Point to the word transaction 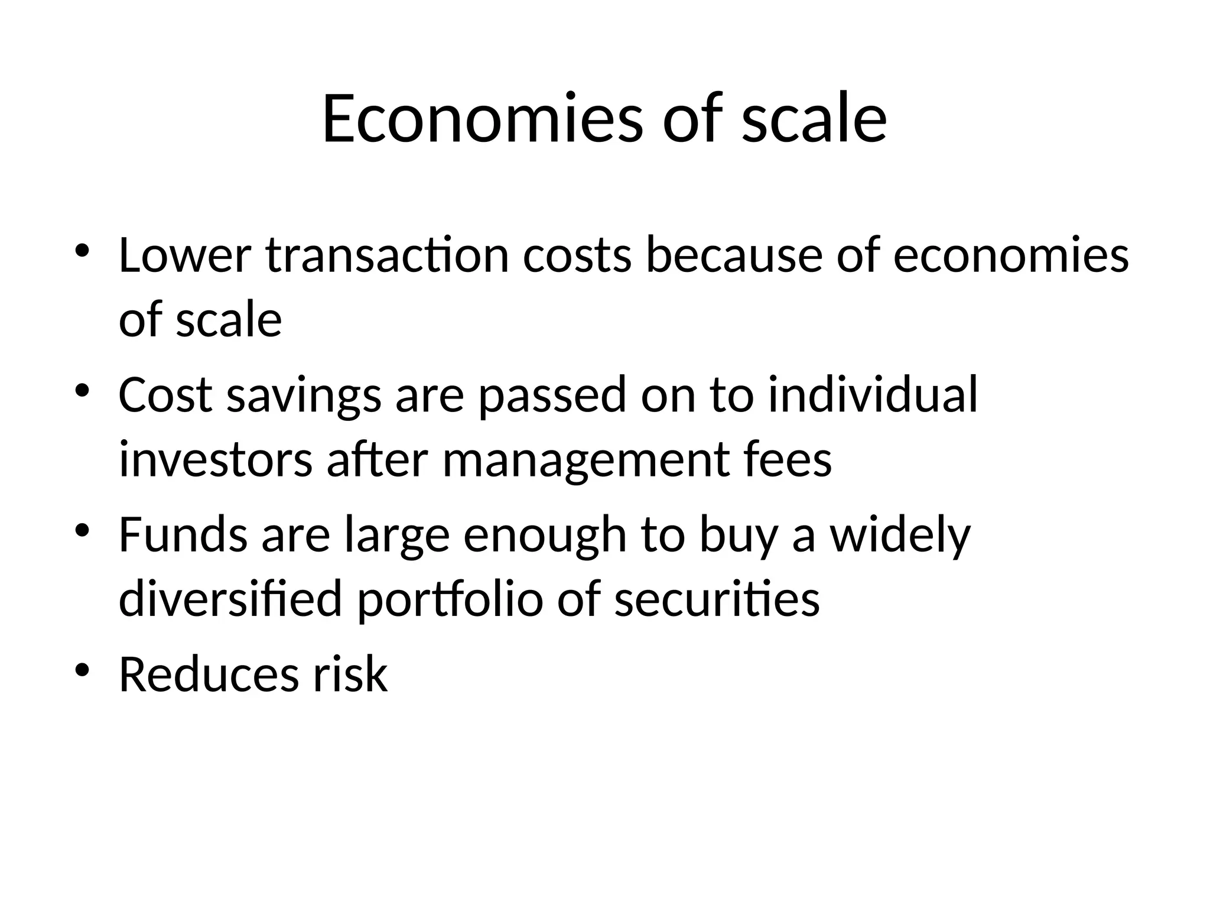[x=387, y=255]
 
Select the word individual [x=873, y=395]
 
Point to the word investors [x=216, y=460]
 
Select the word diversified [x=230, y=598]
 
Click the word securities [x=717, y=598]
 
